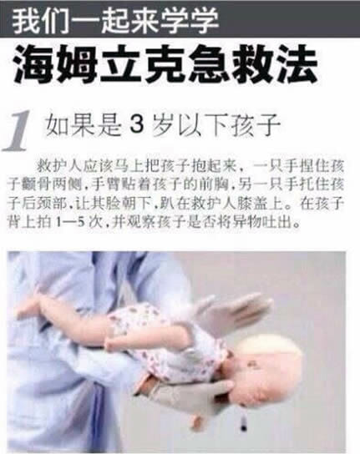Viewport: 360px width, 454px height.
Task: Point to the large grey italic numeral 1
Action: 18,130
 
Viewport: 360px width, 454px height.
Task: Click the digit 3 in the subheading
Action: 137,124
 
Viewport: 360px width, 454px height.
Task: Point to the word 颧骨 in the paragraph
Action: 37,184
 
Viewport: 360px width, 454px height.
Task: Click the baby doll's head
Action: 266,368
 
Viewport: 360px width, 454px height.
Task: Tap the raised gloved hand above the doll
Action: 232,314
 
